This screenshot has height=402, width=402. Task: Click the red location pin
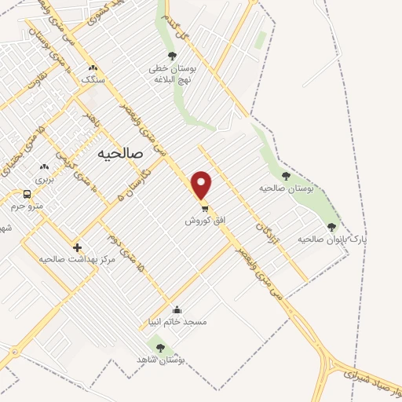(203, 185)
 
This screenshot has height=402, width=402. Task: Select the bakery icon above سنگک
(94, 68)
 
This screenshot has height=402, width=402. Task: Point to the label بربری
(45, 179)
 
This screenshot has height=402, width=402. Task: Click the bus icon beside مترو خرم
(27, 194)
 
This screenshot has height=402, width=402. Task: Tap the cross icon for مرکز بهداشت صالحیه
(77, 247)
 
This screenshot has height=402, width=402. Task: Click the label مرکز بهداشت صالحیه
(76, 258)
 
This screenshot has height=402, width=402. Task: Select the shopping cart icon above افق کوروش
(205, 209)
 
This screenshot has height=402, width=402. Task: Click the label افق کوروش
(205, 221)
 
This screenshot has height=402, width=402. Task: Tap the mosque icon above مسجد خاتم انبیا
(177, 309)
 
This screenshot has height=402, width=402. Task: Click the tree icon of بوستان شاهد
(160, 347)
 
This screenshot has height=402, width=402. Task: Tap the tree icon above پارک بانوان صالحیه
(331, 226)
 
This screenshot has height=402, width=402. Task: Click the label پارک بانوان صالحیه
(332, 238)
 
